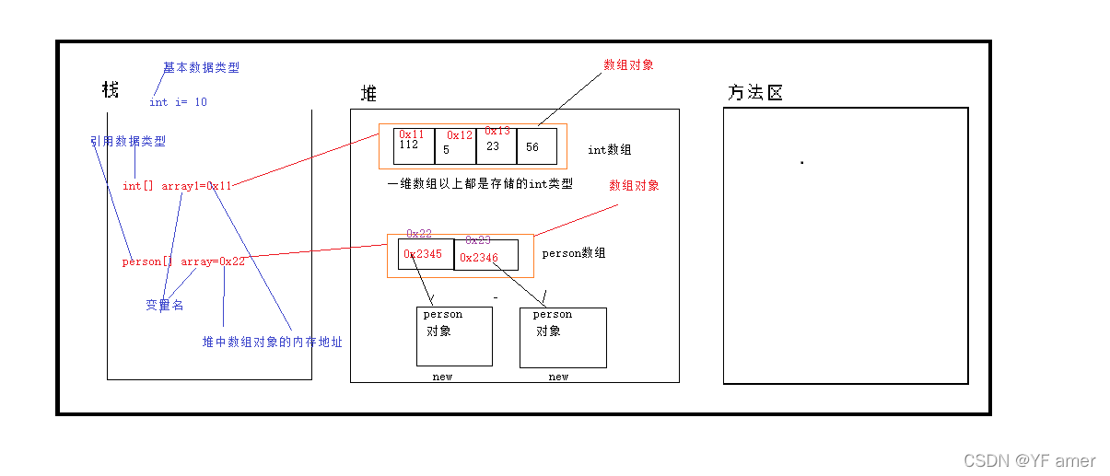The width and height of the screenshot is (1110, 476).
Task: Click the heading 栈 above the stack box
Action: [x=111, y=90]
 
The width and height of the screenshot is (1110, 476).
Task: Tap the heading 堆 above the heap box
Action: [x=368, y=94]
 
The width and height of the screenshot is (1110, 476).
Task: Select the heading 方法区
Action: [x=755, y=93]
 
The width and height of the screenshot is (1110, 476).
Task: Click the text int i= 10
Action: [x=178, y=102]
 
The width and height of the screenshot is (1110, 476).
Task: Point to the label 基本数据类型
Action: [x=201, y=68]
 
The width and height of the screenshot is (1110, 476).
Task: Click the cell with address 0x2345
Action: [x=426, y=255]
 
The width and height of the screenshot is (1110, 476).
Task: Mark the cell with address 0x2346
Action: [x=485, y=256]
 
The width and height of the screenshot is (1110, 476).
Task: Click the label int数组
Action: [x=610, y=149]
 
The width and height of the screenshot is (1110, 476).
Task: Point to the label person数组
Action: [x=574, y=253]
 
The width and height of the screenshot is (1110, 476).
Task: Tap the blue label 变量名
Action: [x=164, y=306]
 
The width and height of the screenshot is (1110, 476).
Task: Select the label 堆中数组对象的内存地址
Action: [x=272, y=342]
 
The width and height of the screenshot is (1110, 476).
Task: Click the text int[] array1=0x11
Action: [x=177, y=186]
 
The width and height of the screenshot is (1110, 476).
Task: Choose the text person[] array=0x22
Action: [x=183, y=261]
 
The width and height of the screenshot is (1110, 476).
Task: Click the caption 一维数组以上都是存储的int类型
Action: [x=480, y=184]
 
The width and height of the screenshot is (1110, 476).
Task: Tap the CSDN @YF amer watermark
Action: [x=1030, y=460]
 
